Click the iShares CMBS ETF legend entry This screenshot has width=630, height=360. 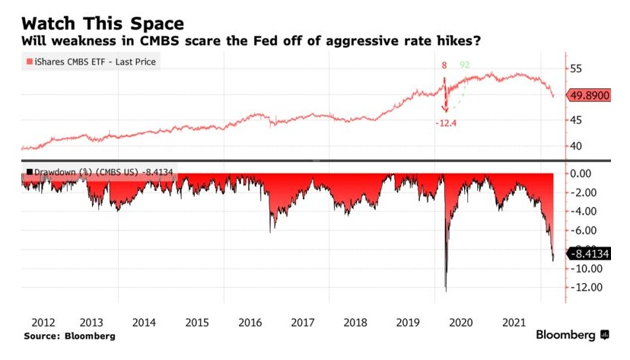point(92,62)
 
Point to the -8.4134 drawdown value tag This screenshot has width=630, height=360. point(590,253)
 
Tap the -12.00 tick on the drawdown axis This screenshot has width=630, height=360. point(587,288)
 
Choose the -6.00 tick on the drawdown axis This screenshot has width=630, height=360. point(587,231)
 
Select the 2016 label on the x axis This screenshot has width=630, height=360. point(250,322)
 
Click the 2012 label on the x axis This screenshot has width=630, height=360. point(37,322)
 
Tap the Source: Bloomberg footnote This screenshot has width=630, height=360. point(69,336)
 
